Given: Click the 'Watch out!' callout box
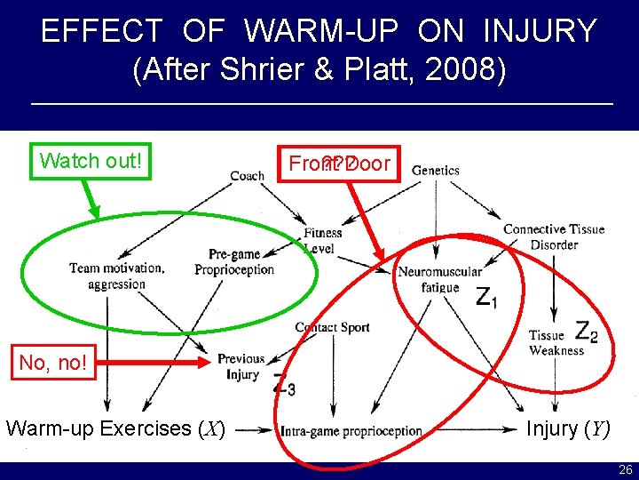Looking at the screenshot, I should tap(91, 161).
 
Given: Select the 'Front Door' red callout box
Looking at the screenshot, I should tap(338, 164).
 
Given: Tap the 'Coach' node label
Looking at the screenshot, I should tap(247, 175).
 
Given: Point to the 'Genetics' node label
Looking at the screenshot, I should tap(436, 170).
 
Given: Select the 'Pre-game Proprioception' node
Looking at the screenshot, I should tap(234, 262).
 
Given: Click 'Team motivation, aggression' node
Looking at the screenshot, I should tap(116, 276).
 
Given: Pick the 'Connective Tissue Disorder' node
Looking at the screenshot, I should tap(554, 236).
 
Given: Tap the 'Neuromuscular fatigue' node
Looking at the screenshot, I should tap(439, 279).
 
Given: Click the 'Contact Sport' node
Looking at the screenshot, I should tap(332, 327).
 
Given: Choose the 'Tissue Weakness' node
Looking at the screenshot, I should tap(556, 342).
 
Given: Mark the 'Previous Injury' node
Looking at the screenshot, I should tap(241, 366).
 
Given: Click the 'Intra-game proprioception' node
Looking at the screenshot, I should tap(351, 431).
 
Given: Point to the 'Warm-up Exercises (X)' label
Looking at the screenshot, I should tap(115, 428).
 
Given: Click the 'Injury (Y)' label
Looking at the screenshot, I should tap(568, 428).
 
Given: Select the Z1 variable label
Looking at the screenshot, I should tap(486, 298).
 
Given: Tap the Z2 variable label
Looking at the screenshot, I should tap(586, 332).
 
